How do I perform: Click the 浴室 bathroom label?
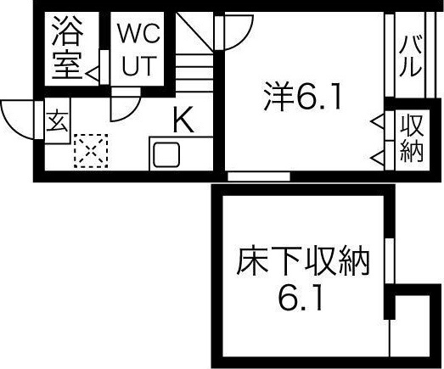click(67, 48)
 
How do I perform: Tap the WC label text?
click(139, 34)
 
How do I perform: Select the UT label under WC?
click(139, 66)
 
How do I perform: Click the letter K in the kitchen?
click(183, 119)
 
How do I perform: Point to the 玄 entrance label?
click(57, 122)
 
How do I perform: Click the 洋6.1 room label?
click(302, 96)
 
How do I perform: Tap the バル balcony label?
click(410, 56)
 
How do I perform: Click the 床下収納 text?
click(303, 261)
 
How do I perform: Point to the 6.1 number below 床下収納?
click(301, 298)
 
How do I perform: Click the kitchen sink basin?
click(166, 154)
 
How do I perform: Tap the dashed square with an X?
click(91, 151)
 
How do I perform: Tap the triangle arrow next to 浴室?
click(93, 75)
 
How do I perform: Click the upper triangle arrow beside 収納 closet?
click(378, 121)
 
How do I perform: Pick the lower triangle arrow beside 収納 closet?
click(378, 158)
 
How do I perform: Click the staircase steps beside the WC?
click(194, 73)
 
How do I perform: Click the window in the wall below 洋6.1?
click(259, 176)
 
